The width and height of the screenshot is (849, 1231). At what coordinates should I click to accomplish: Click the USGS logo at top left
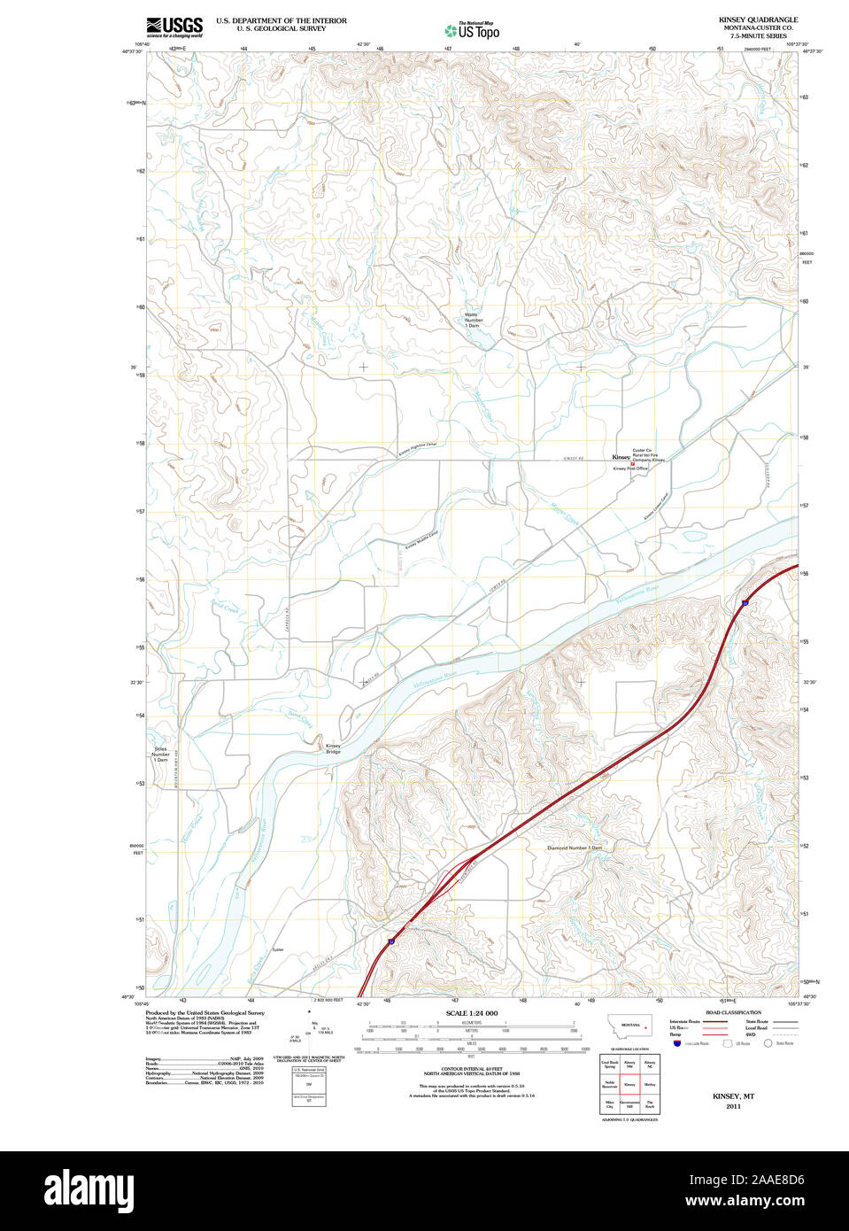click(x=175, y=27)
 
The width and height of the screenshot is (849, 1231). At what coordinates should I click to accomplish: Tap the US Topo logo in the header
click(x=472, y=31)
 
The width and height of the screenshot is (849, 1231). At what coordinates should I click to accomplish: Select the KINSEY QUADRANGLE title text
click(x=758, y=19)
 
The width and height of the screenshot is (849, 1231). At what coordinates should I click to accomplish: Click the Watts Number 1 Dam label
click(x=474, y=320)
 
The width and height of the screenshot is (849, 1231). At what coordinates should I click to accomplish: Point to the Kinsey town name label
click(x=621, y=458)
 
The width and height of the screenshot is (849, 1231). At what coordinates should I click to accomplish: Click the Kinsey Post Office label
click(x=630, y=468)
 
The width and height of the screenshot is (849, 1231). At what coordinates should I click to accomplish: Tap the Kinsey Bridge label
click(x=333, y=748)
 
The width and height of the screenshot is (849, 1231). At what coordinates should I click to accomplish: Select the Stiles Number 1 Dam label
click(x=160, y=755)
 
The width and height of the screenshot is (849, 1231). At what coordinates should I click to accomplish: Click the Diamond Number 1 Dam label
click(x=574, y=848)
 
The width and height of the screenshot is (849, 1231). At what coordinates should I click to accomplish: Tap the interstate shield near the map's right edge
click(x=745, y=602)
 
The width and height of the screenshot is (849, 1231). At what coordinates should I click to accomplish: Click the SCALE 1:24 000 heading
click(x=471, y=1013)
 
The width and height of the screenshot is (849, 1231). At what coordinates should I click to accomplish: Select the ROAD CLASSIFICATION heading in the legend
click(x=733, y=1012)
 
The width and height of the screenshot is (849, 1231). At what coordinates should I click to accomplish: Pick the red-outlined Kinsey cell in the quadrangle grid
click(x=629, y=1084)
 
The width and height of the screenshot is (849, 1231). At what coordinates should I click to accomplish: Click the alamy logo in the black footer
click(x=89, y=1190)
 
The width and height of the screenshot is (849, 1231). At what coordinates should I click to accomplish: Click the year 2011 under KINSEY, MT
click(x=733, y=1107)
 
